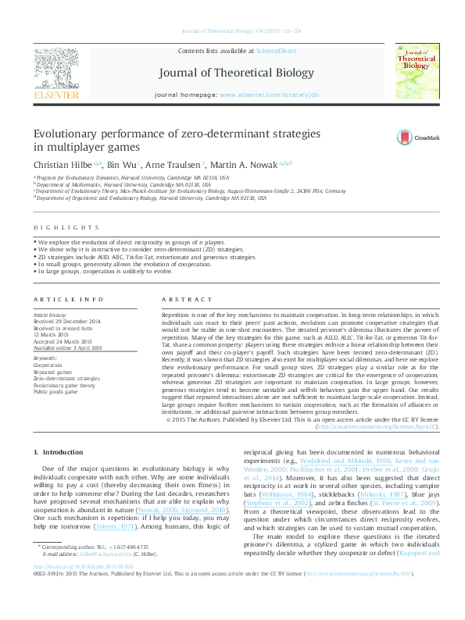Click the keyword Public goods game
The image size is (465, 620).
pyautogui.click(x=55, y=392)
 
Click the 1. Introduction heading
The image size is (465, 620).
pyautogui.click(x=63, y=452)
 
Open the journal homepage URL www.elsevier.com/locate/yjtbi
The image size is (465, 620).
pyautogui.click(x=275, y=94)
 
